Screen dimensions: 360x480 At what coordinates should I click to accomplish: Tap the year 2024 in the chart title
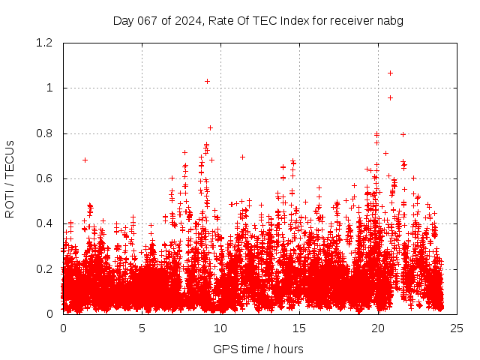[x=187, y=21]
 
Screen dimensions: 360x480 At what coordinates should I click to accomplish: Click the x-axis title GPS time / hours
[x=258, y=349]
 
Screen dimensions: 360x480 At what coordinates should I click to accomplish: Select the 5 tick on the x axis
[x=142, y=328]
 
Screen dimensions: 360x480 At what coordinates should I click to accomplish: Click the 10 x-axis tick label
[x=220, y=328]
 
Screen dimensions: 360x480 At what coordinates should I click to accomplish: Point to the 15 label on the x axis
[x=299, y=328]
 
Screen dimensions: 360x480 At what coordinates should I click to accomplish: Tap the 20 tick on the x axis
[x=378, y=328]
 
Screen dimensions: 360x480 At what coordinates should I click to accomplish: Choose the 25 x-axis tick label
[x=457, y=328]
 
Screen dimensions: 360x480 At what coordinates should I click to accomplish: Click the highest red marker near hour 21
[x=390, y=73]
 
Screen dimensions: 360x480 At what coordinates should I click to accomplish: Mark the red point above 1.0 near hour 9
[x=207, y=81]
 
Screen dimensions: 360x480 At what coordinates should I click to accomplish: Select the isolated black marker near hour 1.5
[x=85, y=160]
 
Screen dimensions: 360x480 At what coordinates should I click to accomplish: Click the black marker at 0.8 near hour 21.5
[x=403, y=134]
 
